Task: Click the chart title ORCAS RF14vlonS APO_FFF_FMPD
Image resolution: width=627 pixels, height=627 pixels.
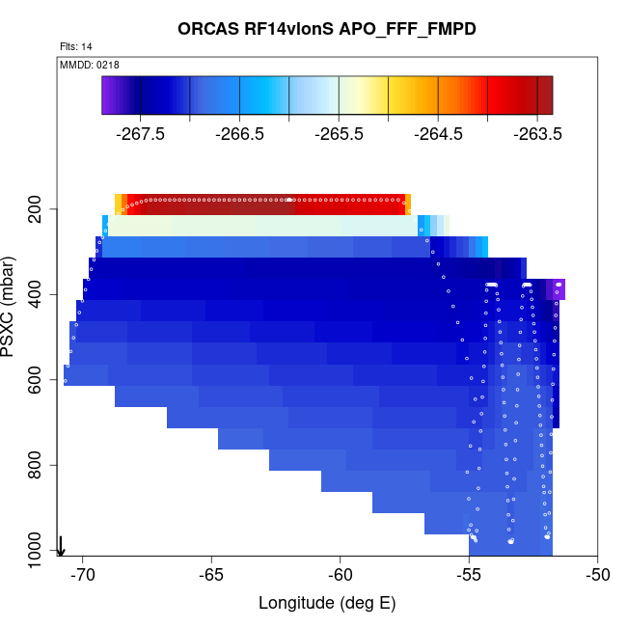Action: tap(327, 29)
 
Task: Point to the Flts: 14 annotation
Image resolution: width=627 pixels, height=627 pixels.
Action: tap(76, 46)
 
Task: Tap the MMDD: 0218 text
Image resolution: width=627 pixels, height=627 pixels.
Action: tap(89, 65)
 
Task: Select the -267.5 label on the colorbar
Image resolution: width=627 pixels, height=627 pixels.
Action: tap(139, 134)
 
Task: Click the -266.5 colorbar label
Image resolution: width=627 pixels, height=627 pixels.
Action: tap(239, 134)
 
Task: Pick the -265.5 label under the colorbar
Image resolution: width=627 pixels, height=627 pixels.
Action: tap(339, 134)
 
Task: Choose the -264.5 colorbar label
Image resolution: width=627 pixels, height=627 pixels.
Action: tap(439, 134)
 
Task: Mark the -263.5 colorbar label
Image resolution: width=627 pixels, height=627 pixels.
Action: tap(538, 134)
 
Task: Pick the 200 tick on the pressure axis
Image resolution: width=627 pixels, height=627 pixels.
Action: tap(41, 209)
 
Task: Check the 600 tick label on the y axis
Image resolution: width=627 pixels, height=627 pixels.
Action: tap(41, 380)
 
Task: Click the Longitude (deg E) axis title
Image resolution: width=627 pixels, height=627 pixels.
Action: tap(327, 604)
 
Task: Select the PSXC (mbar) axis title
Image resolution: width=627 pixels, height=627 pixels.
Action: tap(13, 307)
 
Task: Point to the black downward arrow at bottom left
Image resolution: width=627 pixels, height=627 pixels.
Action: tap(61, 546)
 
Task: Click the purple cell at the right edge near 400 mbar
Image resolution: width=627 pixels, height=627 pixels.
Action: tap(556, 289)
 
